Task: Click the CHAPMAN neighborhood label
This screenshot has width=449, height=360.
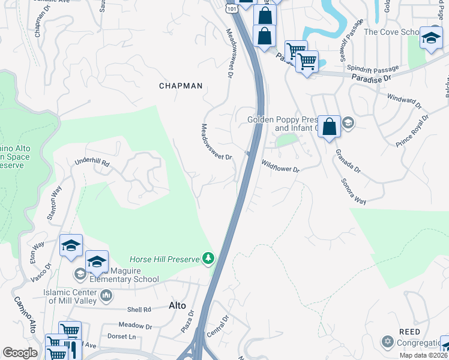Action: [181, 86]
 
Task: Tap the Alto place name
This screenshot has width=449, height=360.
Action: [177, 305]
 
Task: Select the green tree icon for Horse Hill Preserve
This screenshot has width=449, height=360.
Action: [208, 259]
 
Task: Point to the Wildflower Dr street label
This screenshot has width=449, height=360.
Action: [280, 166]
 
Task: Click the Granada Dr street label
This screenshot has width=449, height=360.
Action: [348, 161]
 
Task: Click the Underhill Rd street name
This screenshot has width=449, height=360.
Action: [92, 163]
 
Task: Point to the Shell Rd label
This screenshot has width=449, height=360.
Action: [139, 310]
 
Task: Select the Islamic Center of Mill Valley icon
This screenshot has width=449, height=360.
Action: [106, 295]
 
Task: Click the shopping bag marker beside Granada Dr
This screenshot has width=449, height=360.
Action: [329, 127]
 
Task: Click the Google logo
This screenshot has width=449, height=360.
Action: [20, 353]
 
